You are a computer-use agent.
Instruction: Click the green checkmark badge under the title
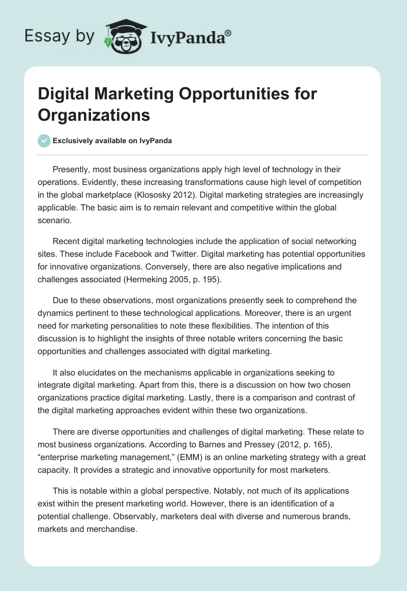(44, 141)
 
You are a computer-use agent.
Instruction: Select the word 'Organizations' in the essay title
(94, 115)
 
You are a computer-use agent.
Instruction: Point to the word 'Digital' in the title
(63, 94)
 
